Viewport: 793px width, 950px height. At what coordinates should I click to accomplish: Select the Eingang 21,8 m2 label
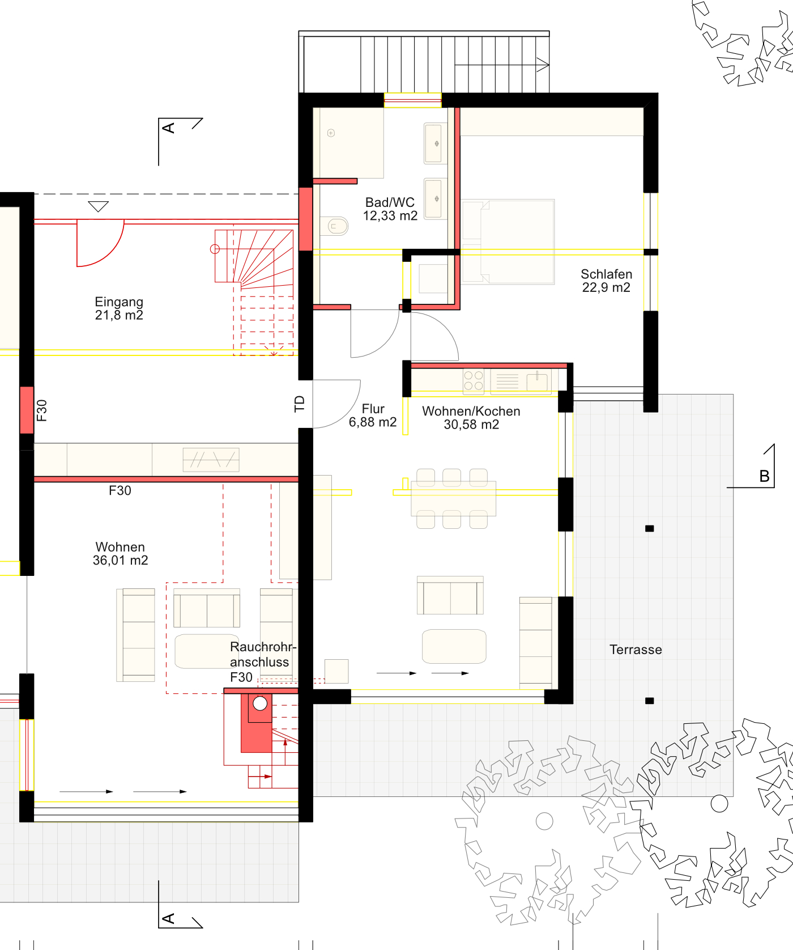pyautogui.click(x=119, y=308)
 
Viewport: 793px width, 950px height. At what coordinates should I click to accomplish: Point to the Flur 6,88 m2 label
pyautogui.click(x=373, y=415)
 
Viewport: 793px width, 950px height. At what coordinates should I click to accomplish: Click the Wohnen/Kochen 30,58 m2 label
pyautogui.click(x=471, y=418)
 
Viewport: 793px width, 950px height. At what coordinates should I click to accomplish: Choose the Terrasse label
pyautogui.click(x=636, y=650)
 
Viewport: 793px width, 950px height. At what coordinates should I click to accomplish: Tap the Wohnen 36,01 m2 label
pyautogui.click(x=120, y=554)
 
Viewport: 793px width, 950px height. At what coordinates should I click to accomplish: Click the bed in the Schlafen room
pyautogui.click(x=508, y=241)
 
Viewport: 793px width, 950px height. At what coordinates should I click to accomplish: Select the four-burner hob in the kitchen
pyautogui.click(x=474, y=381)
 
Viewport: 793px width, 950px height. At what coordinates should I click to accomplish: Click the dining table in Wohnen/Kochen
pyautogui.click(x=453, y=498)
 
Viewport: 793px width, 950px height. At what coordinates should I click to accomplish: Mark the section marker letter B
pyautogui.click(x=764, y=476)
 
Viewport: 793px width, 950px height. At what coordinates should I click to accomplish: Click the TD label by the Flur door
pyautogui.click(x=300, y=404)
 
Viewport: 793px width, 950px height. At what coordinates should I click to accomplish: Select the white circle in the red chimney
pyautogui.click(x=260, y=703)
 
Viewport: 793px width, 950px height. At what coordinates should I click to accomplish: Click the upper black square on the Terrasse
pyautogui.click(x=650, y=528)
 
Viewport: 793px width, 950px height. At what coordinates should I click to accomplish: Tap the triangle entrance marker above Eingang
pyautogui.click(x=99, y=207)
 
